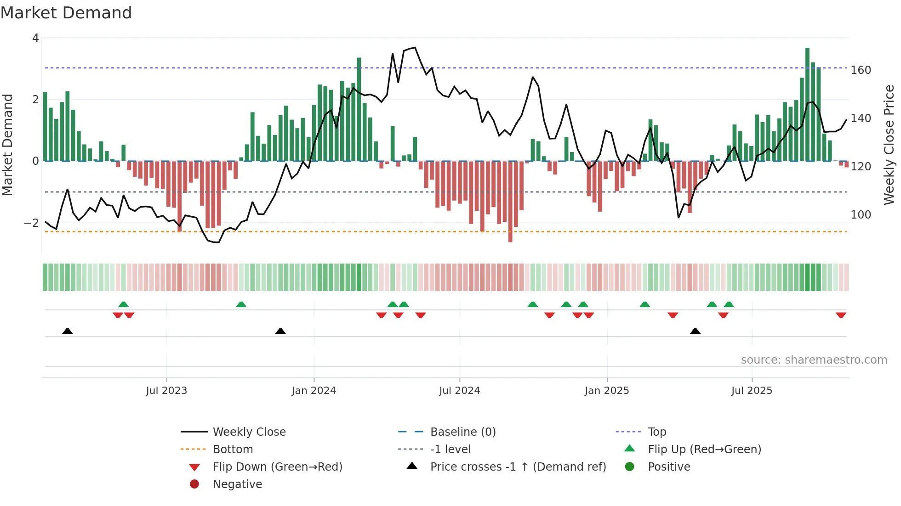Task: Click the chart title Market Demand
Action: click(66, 13)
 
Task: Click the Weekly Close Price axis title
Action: click(889, 145)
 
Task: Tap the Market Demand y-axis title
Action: click(7, 145)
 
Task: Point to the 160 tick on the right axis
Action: click(861, 70)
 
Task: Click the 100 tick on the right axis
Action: click(861, 215)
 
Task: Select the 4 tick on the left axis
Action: click(35, 38)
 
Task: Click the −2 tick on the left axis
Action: click(32, 223)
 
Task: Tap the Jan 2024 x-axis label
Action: click(314, 391)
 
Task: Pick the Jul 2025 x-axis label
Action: click(752, 391)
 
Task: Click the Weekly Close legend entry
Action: click(249, 432)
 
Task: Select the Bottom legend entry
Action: click(233, 450)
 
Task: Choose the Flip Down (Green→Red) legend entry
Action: click(277, 467)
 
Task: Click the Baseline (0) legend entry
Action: click(462, 432)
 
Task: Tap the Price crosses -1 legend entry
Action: click(518, 467)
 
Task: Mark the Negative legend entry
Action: click(237, 484)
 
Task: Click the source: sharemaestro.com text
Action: click(814, 360)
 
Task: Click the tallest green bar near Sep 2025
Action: click(807, 103)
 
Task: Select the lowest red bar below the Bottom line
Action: click(510, 202)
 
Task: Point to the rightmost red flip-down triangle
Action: click(841, 315)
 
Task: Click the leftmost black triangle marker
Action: click(68, 331)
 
